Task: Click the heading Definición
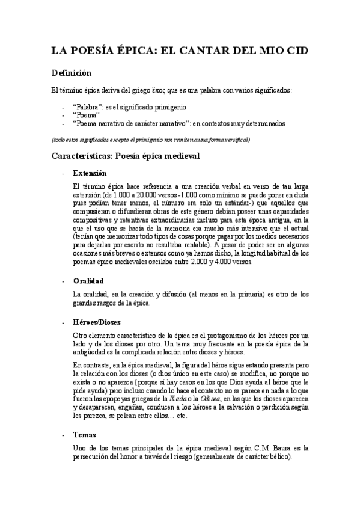pos(71,73)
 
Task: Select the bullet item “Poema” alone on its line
pos(85,115)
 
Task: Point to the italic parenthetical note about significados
pos(150,140)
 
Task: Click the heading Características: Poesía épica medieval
pos(125,156)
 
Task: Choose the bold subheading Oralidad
pos(88,281)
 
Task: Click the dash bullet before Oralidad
pos(64,281)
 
